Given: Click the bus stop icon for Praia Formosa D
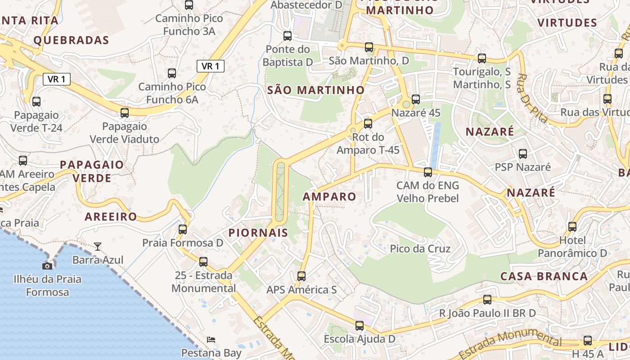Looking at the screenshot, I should pos(183,229).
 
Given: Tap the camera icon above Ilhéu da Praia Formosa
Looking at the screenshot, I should pos(47,266).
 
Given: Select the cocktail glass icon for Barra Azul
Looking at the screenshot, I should pos(98,246).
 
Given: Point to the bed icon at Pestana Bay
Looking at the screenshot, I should pos(211,339).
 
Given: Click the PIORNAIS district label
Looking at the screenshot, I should pos(258,233).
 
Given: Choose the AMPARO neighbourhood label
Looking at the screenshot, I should pos(329,197).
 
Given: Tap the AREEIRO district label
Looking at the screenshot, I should pos(111,216).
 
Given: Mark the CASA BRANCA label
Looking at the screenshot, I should pos(544,276).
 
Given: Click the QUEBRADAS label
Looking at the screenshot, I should pos(72,40).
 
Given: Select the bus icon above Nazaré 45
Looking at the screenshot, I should pos(416,99).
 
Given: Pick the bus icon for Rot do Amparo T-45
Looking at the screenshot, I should pos(368,123).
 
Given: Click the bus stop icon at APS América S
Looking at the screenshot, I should pos(301,276).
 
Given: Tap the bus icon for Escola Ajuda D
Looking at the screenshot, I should pos(359,325).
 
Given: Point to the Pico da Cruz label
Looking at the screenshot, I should pos(420,248).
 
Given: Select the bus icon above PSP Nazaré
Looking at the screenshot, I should pos(523,154).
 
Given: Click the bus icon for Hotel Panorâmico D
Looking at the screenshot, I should pos(572,227).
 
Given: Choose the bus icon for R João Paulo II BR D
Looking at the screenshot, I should pos(487,300).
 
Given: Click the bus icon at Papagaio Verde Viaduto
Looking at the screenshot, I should pos(125,113).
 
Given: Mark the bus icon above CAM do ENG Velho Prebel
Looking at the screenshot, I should pos(428,172).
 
